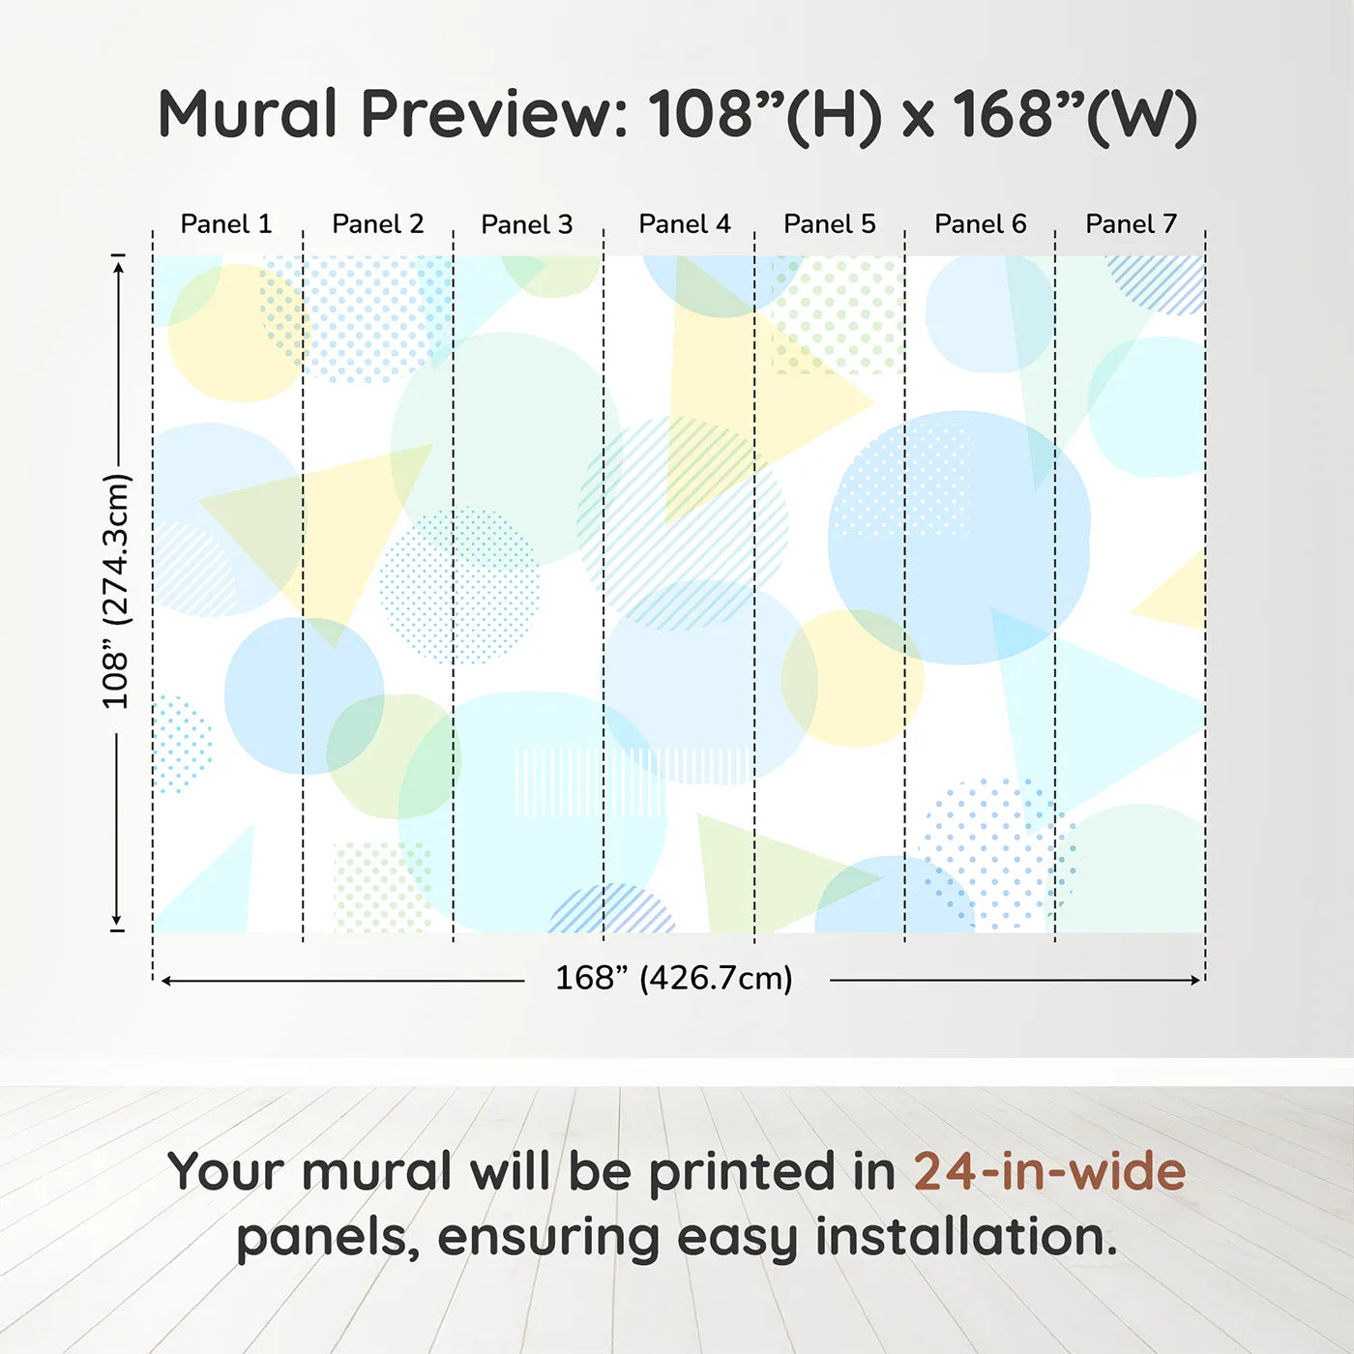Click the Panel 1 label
click(x=226, y=224)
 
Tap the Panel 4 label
click(x=685, y=224)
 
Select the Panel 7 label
click(x=1131, y=224)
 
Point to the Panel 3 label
click(x=527, y=224)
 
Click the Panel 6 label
click(x=980, y=224)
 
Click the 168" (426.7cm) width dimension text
click(x=674, y=978)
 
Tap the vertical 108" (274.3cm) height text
click(x=116, y=591)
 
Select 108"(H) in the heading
click(x=765, y=114)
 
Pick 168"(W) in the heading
click(x=1074, y=114)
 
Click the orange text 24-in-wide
click(x=1049, y=1171)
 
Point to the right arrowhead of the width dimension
click(x=1195, y=980)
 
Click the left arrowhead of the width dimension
click(x=166, y=981)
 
